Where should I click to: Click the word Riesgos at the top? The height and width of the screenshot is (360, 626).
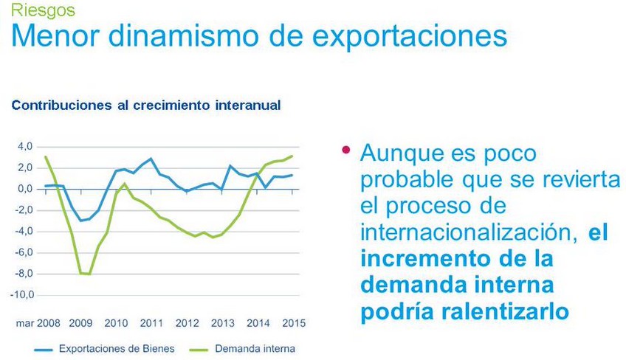(x=43, y=10)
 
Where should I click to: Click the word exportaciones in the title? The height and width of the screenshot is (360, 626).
(x=410, y=36)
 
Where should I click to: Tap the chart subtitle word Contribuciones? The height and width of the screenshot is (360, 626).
(x=61, y=105)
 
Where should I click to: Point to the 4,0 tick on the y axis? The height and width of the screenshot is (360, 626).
(x=25, y=147)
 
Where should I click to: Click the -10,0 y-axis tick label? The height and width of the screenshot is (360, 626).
(x=22, y=295)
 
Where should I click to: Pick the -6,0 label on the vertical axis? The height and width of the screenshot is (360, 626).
(x=24, y=252)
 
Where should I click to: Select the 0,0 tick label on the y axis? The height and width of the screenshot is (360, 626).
(x=25, y=189)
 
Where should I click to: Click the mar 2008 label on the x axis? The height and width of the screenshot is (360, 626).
(x=38, y=323)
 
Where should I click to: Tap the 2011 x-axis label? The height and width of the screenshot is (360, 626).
(x=151, y=323)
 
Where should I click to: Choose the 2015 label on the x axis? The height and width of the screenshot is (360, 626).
(x=294, y=323)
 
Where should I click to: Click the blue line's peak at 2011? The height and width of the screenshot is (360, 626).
(x=151, y=159)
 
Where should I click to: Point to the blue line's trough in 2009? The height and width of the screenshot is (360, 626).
(x=80, y=221)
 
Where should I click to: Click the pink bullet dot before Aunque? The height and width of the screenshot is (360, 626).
(x=345, y=150)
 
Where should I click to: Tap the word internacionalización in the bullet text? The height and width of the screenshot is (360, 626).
(x=469, y=232)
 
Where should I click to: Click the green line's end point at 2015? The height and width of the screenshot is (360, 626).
(x=292, y=156)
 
